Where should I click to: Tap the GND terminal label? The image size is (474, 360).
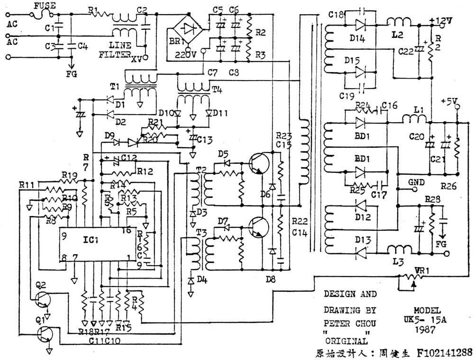(x=416, y=182)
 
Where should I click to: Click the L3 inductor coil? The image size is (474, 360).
(x=397, y=250)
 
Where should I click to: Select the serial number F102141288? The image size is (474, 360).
(x=444, y=352)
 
